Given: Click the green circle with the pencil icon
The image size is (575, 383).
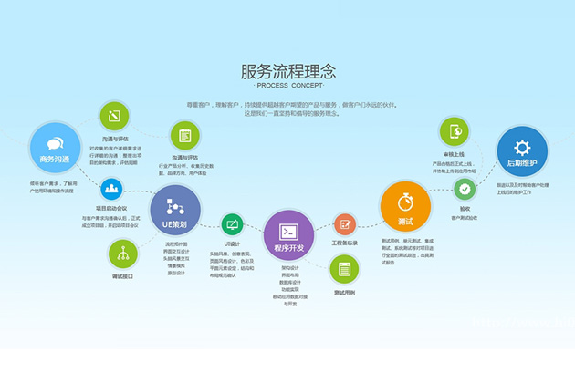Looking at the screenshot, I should [x=114, y=116].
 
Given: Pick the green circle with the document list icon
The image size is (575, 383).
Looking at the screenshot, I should [x=185, y=136].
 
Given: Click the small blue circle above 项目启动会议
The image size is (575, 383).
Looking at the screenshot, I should [x=113, y=190].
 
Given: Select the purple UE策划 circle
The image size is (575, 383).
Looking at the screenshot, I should [x=174, y=211].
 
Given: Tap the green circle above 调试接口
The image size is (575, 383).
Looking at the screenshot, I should [x=123, y=253].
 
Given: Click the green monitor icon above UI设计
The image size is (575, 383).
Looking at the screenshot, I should [x=232, y=224].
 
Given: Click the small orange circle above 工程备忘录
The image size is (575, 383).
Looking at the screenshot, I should [x=345, y=223].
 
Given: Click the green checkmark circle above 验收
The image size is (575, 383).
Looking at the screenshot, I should [x=465, y=190].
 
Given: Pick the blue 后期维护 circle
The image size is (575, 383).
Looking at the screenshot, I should [x=522, y=152].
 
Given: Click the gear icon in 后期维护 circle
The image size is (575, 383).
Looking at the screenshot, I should [x=522, y=146].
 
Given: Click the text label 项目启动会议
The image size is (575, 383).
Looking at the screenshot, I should [x=113, y=208].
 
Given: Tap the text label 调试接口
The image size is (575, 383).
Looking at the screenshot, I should [x=122, y=274].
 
